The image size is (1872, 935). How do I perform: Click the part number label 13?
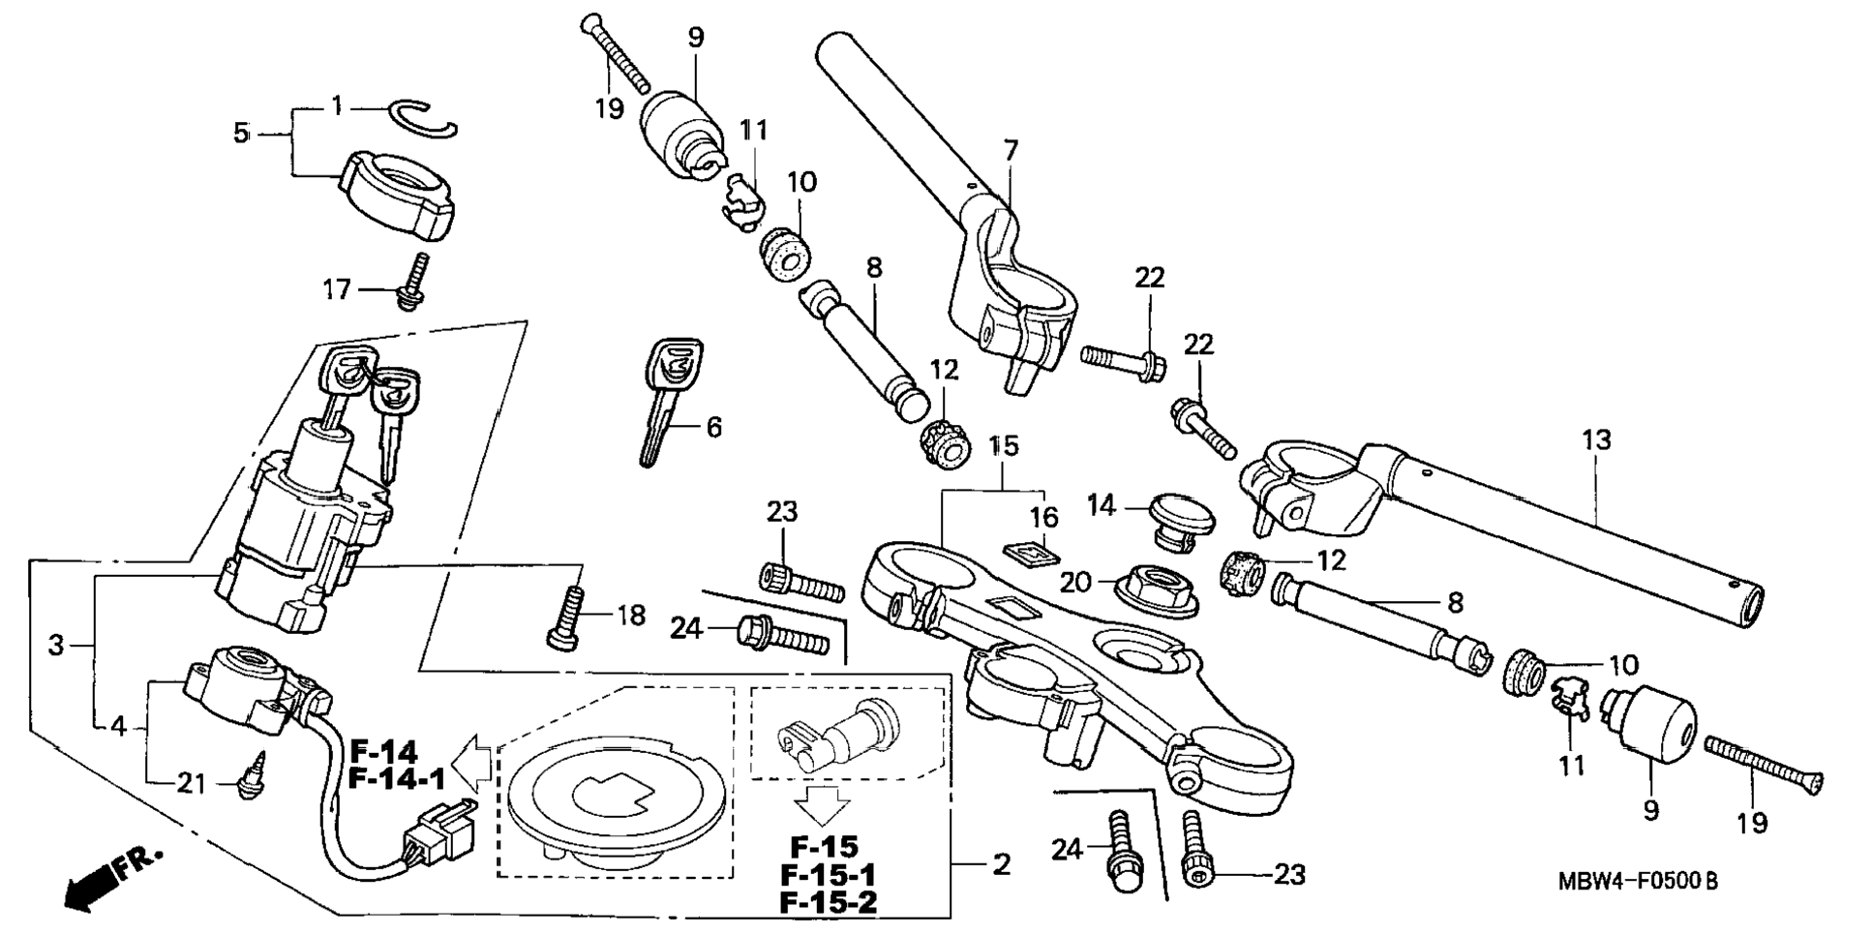(1596, 440)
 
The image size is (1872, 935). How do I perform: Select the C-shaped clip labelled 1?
(427, 118)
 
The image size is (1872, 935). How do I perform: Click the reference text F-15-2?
(828, 902)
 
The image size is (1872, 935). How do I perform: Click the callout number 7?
(1011, 151)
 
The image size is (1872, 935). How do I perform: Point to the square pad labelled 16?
(1029, 553)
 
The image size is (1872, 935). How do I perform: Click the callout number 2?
(1001, 863)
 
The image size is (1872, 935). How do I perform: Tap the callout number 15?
(1005, 446)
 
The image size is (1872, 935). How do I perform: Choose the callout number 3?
(56, 645)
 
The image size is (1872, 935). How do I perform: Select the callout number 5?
(241, 133)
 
